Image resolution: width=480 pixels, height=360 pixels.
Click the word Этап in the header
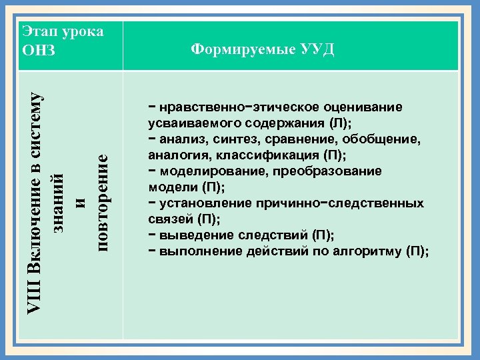pos(41,31)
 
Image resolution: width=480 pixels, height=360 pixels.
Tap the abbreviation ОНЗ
pos(39,51)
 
